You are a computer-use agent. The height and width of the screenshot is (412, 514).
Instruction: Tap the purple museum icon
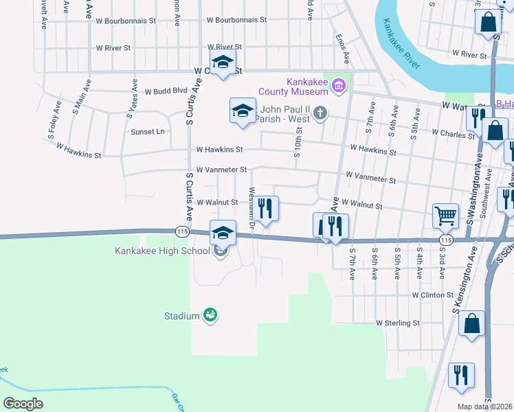pyautogui.click(x=338, y=86)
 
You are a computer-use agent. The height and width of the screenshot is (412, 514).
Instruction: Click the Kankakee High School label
pyautogui.click(x=162, y=251)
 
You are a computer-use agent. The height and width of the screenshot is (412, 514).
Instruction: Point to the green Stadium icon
pyautogui.click(x=210, y=315)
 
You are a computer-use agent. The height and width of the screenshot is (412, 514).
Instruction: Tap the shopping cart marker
pyautogui.click(x=445, y=216)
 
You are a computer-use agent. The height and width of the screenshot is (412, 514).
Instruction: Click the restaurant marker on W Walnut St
pyautogui.click(x=266, y=207)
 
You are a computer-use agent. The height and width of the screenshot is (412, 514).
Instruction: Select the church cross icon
pyautogui.click(x=320, y=113)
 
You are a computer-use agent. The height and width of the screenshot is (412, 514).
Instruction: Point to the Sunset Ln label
pyautogui.click(x=146, y=131)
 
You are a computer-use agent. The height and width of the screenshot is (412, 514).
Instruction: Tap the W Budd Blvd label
pyautogui.click(x=165, y=91)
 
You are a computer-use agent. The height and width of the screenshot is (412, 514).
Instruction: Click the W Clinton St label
pyautogui.click(x=433, y=295)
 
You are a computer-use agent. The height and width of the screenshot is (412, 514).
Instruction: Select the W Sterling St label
pyautogui.click(x=397, y=323)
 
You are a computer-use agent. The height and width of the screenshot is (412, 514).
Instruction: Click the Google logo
pyautogui.click(x=23, y=403)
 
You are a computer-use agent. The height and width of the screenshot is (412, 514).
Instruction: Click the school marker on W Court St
pyautogui.click(x=223, y=62)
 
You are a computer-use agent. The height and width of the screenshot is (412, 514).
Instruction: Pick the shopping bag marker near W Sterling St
pyautogui.click(x=471, y=323)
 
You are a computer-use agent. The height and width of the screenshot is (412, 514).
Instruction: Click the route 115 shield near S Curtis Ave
pyautogui.click(x=182, y=231)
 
